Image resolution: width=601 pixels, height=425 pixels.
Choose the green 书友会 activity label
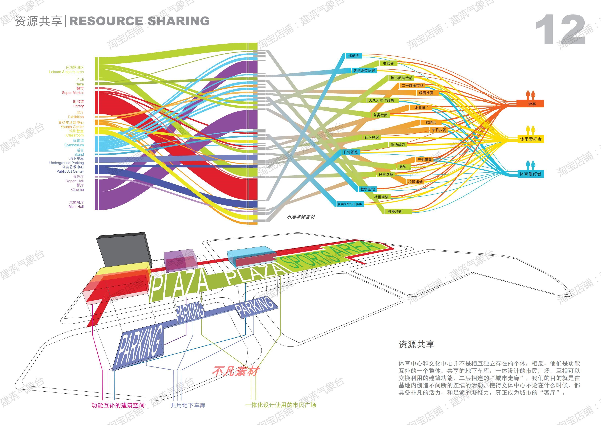(x=388, y=63)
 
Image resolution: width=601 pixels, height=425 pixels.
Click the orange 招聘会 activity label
(x=431, y=122)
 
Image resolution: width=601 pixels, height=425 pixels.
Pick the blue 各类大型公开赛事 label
(x=349, y=204)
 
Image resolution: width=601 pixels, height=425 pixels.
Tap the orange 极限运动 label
(x=415, y=182)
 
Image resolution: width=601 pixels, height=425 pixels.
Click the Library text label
(x=78, y=106)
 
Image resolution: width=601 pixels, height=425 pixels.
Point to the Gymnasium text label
(x=74, y=145)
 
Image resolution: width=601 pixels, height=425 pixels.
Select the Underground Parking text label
(x=67, y=163)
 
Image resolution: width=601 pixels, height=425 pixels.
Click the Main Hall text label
(x=76, y=206)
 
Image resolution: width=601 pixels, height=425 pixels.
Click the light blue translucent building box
(x=251, y=253)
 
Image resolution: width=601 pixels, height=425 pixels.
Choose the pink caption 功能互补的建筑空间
(x=118, y=405)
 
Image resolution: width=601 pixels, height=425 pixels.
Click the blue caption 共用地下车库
(x=188, y=405)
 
